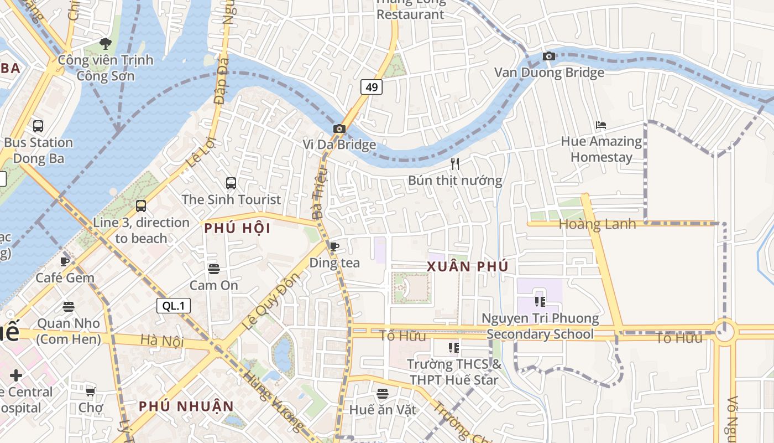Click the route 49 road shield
[x=372, y=87]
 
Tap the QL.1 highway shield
[x=174, y=306]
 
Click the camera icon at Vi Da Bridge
[x=339, y=129]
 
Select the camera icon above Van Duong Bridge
[x=548, y=56]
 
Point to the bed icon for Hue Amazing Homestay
[x=601, y=125]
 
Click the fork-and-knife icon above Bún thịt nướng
[x=455, y=163]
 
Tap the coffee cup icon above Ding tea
[x=334, y=246]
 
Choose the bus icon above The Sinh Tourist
[x=231, y=183]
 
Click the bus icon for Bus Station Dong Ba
[x=38, y=126]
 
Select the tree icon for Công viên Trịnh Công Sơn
[x=105, y=43]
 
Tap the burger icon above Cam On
[x=214, y=269]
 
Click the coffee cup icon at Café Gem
[x=65, y=261]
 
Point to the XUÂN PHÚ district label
[x=467, y=266]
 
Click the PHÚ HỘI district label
[x=237, y=228]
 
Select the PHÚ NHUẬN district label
[x=186, y=406]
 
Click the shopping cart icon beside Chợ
[x=90, y=392]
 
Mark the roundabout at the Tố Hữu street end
[x=724, y=332]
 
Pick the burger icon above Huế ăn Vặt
[x=383, y=394]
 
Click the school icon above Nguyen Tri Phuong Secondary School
[x=540, y=302]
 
